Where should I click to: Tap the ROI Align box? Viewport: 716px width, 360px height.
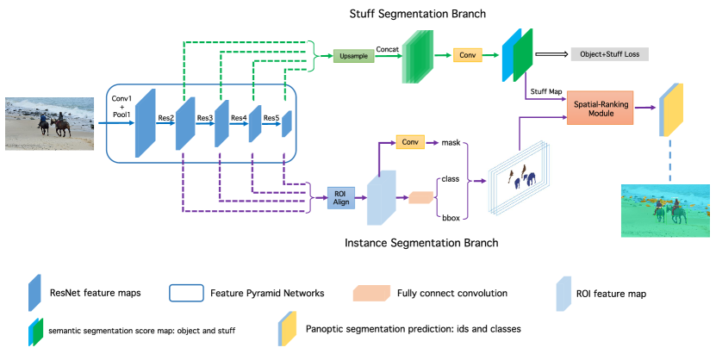(x=340, y=196)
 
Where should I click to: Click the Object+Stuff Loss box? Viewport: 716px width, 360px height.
(x=608, y=54)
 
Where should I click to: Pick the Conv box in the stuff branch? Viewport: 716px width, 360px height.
(x=468, y=55)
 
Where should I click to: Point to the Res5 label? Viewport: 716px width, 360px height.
(x=271, y=118)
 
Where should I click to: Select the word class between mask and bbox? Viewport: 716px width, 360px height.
(x=450, y=180)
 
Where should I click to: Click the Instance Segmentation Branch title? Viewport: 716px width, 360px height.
(x=422, y=243)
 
